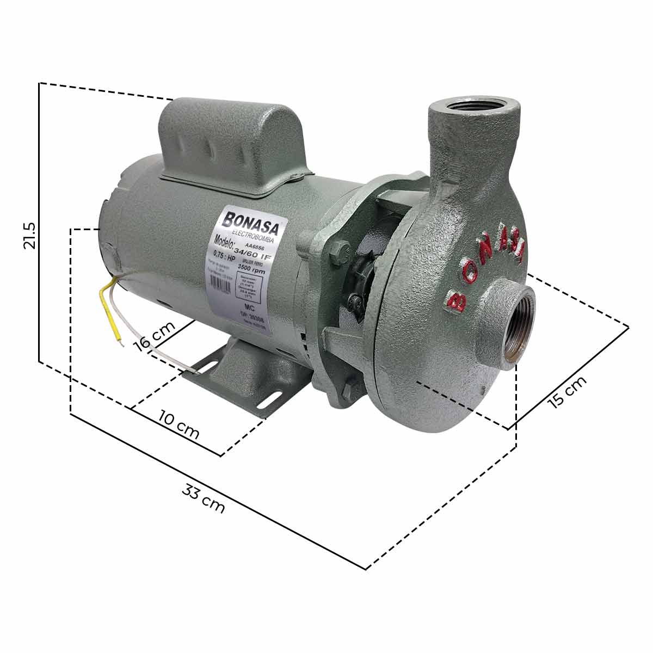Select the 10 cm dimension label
(179, 424)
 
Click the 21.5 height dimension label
(29, 235)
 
